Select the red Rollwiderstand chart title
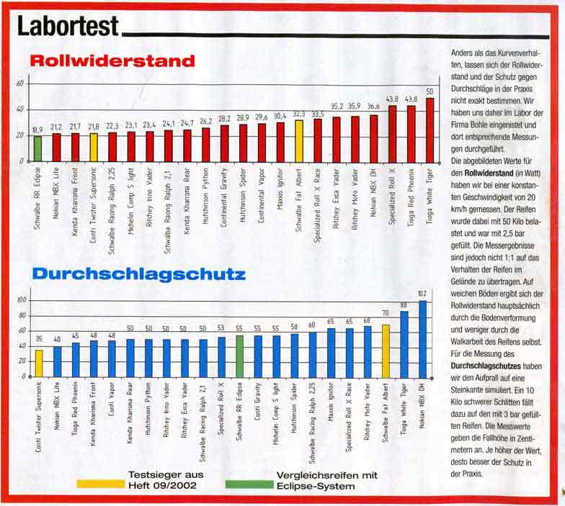click(x=112, y=61)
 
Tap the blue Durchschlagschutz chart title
click(x=138, y=274)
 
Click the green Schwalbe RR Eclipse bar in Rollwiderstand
click(x=37, y=148)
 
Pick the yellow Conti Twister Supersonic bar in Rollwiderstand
click(x=94, y=147)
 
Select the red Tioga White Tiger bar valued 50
click(x=430, y=130)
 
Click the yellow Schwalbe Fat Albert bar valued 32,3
click(x=299, y=140)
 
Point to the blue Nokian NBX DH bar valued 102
click(x=423, y=338)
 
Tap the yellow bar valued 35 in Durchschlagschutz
click(x=39, y=363)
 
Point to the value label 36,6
click(x=373, y=107)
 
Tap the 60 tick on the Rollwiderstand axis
click(x=21, y=83)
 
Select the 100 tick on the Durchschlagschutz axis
click(x=21, y=300)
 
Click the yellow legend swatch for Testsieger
click(x=101, y=485)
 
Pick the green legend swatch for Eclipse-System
click(x=245, y=485)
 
